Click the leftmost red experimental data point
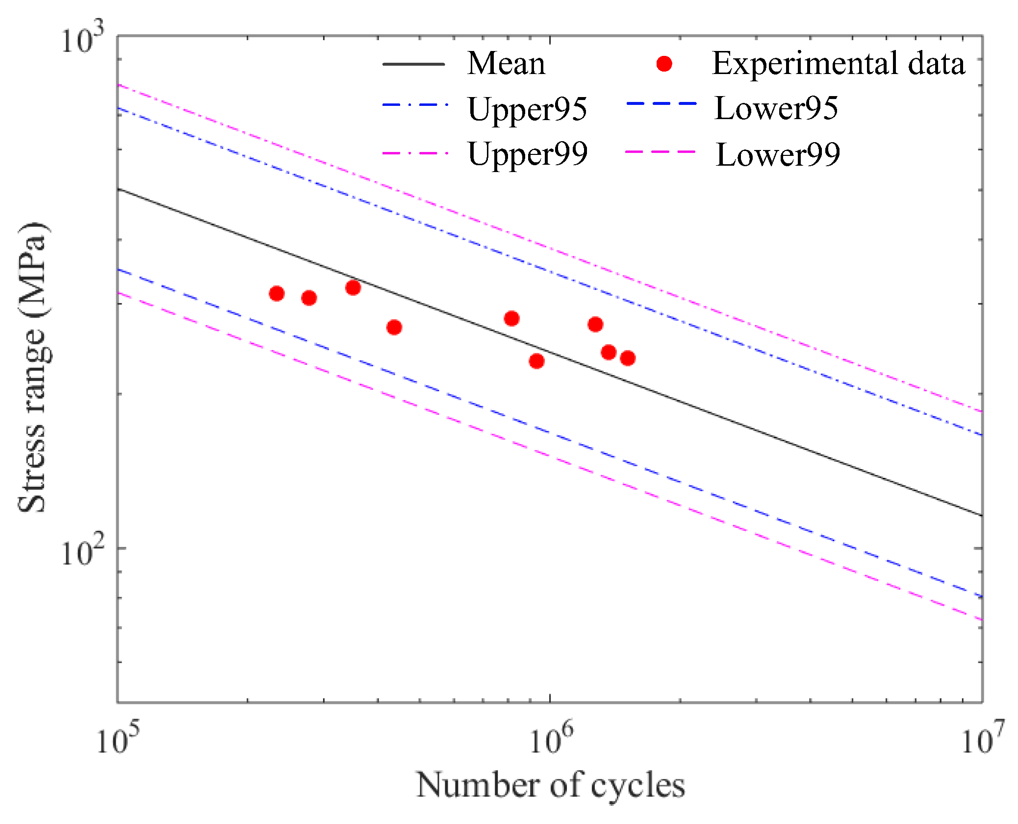coord(277,294)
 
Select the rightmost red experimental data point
coord(628,358)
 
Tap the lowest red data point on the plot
coord(536,361)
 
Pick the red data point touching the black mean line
coord(353,287)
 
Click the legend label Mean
coord(506,64)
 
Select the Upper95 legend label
coord(527,109)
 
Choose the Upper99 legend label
coord(528,154)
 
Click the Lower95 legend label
coord(776,108)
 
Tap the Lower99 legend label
coord(778,154)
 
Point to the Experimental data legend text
coord(838,64)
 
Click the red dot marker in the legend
coord(664,64)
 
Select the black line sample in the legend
coord(413,64)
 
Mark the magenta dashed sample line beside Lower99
coord(661,152)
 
